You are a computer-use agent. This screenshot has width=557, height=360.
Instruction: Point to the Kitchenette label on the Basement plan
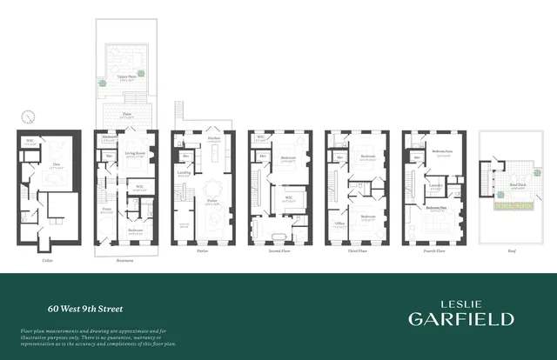pyautogui.click(x=109, y=138)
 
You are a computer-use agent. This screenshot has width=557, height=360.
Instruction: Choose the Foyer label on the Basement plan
pyautogui.click(x=107, y=210)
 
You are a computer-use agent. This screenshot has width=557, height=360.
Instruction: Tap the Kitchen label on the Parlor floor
pyautogui.click(x=213, y=138)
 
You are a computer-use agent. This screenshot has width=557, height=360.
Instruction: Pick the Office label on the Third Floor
pyautogui.click(x=339, y=221)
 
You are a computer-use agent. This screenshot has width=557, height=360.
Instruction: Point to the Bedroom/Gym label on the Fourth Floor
pyautogui.click(x=442, y=151)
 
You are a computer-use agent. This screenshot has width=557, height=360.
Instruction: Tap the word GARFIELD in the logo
pyautogui.click(x=460, y=318)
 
